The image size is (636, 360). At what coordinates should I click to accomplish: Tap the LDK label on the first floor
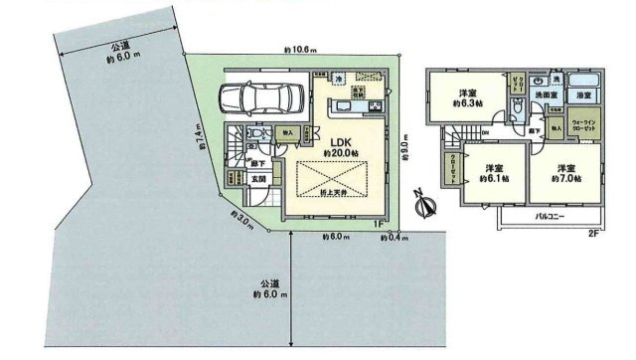[339, 142]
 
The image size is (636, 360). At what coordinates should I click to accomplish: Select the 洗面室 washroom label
[544, 95]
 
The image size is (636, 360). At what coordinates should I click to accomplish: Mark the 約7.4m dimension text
[202, 136]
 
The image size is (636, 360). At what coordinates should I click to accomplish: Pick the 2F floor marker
[593, 234]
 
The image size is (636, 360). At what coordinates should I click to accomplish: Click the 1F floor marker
[378, 223]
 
